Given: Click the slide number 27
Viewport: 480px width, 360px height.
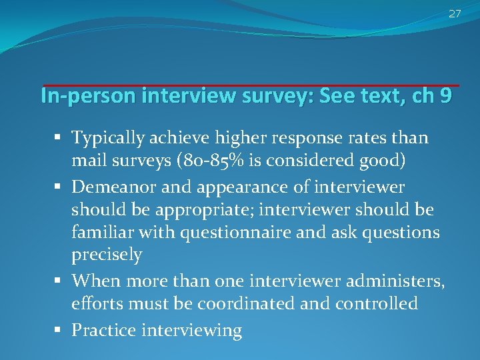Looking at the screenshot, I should pos(455,14).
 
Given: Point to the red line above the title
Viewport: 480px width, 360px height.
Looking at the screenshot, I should pos(251,85).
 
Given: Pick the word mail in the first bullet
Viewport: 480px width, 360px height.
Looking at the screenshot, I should pos(87,162).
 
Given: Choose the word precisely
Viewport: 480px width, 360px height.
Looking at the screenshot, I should pos(107,255).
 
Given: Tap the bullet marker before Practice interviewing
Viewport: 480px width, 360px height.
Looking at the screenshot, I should pos(61,329).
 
